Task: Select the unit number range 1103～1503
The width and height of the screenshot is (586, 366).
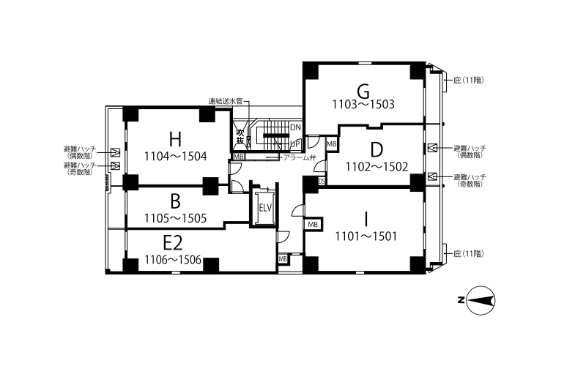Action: [364, 105]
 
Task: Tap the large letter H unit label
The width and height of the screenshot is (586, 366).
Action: [175, 138]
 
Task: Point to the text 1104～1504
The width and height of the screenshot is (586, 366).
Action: [176, 156]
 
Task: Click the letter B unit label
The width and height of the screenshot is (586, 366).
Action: [175, 201]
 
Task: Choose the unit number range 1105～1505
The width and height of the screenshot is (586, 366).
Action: [175, 217]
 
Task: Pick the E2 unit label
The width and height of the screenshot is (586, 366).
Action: [173, 243]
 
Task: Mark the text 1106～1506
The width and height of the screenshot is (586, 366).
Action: [173, 259]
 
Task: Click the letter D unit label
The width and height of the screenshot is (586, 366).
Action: [377, 150]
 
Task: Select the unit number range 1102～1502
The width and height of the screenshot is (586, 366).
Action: [377, 166]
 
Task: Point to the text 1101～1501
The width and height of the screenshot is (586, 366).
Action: [366, 236]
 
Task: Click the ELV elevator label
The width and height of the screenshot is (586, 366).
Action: [265, 207]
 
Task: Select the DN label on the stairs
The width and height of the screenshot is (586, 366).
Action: [294, 127]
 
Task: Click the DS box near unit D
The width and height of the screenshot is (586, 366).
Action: [322, 182]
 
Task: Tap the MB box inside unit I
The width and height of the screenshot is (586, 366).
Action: [314, 224]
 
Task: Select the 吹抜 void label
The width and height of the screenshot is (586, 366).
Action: [240, 136]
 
